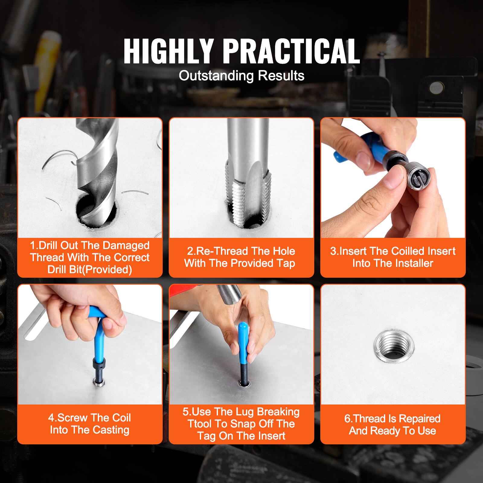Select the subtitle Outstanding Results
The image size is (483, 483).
(x=241, y=75)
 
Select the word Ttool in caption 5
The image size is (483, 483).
(x=200, y=424)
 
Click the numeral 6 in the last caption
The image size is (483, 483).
(x=347, y=419)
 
